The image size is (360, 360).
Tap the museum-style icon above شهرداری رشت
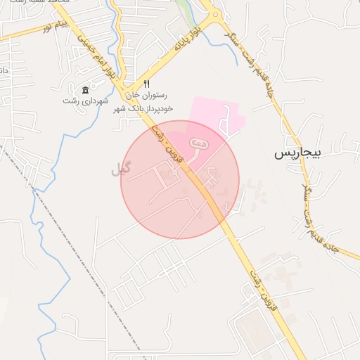click(x=85, y=90)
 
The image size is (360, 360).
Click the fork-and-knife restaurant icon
click(x=146, y=84)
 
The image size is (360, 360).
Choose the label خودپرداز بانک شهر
click(x=144, y=107)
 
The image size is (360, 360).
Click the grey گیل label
click(x=121, y=169)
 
